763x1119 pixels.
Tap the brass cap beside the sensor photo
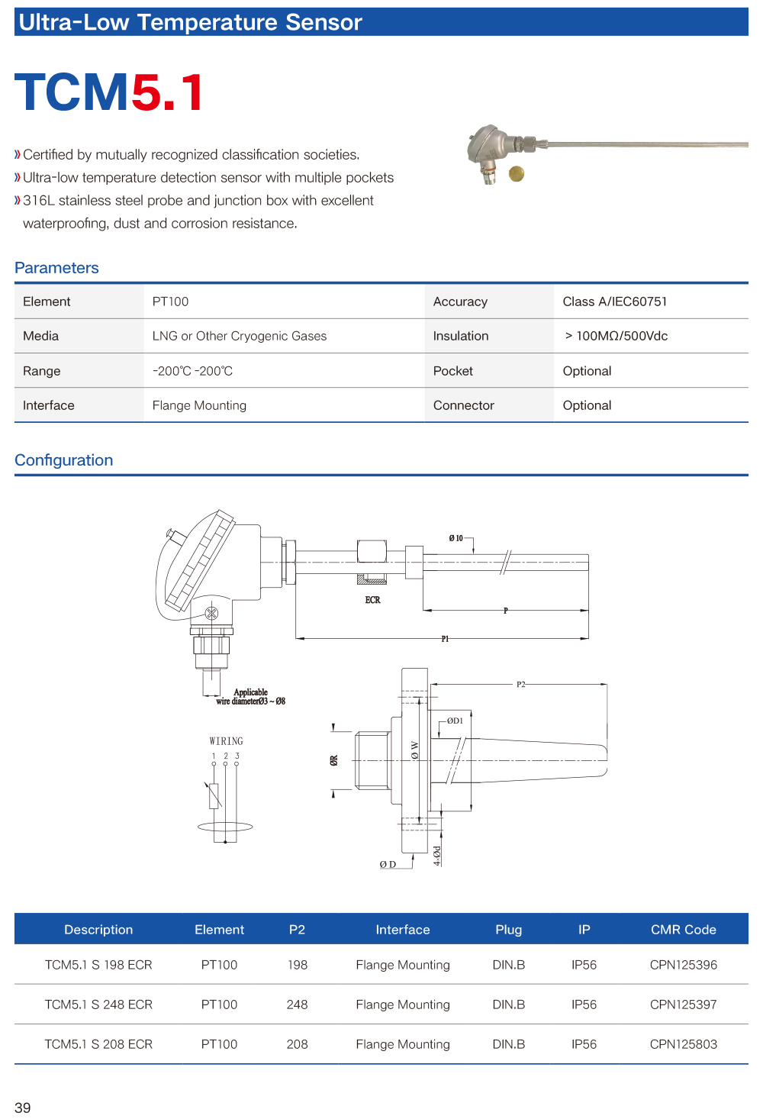pyautogui.click(x=517, y=174)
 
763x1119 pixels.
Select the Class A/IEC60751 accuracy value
pyautogui.click(x=614, y=302)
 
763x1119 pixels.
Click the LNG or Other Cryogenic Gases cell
pyautogui.click(x=239, y=336)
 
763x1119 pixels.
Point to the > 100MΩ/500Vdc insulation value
pyautogui.click(x=616, y=336)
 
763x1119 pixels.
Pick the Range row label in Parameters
pyautogui.click(x=42, y=371)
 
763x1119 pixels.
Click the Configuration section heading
pyautogui.click(x=64, y=460)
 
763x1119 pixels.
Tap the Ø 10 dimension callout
pyautogui.click(x=456, y=538)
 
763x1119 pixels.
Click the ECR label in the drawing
pyautogui.click(x=372, y=600)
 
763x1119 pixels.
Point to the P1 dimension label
pyautogui.click(x=445, y=639)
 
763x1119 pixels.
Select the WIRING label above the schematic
pyautogui.click(x=226, y=741)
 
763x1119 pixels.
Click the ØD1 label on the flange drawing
pyautogui.click(x=455, y=721)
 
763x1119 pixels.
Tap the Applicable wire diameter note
pyautogui.click(x=250, y=697)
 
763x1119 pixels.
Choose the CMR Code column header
pyautogui.click(x=683, y=930)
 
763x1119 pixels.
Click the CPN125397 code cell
pyautogui.click(x=683, y=1005)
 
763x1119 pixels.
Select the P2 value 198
pyautogui.click(x=298, y=965)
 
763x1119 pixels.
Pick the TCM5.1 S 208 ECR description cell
pyautogui.click(x=98, y=1044)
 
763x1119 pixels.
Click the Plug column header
pyautogui.click(x=508, y=930)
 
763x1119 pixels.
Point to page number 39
pyautogui.click(x=23, y=1108)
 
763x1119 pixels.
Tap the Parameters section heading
pyautogui.click(x=57, y=268)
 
